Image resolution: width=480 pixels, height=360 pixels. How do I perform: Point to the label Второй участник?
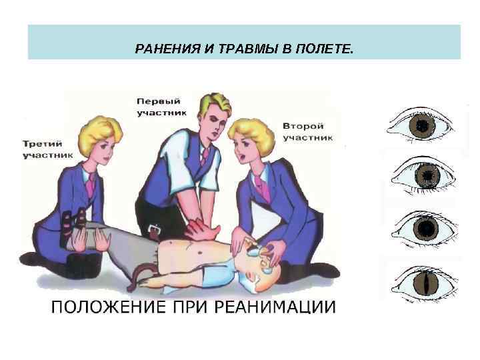pos(307,131)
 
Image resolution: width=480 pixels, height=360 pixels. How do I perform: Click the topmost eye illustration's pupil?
pos(423,125)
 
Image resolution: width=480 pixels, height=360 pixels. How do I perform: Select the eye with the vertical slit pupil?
pos(423,282)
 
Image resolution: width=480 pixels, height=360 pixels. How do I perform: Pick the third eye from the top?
pos(423,229)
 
